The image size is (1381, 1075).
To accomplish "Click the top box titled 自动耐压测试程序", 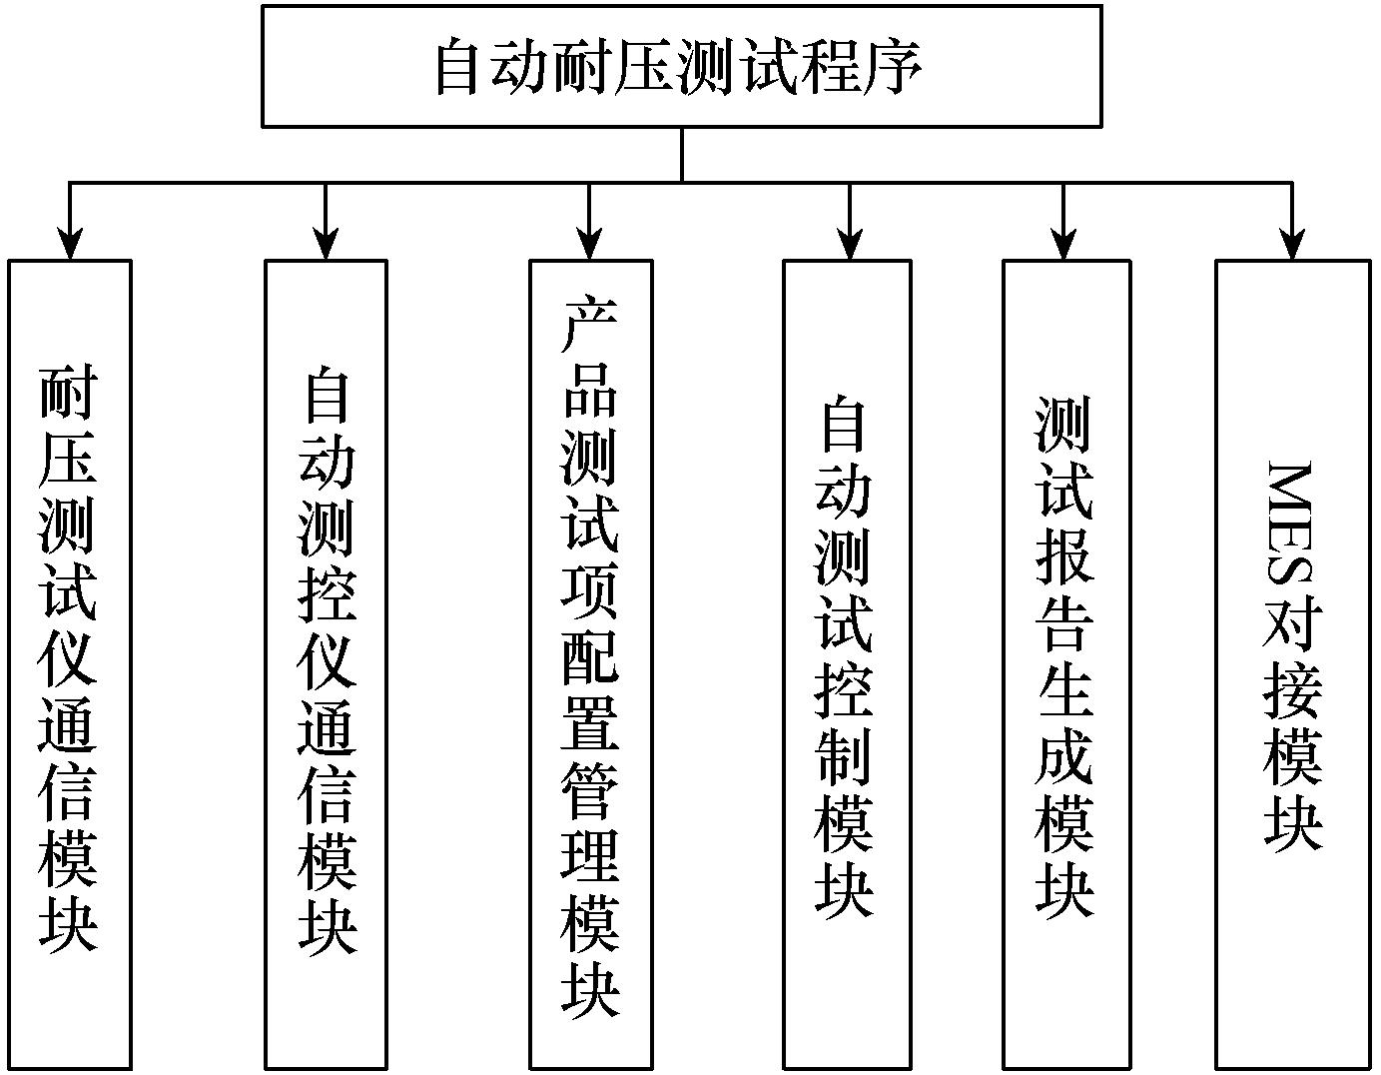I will click(x=681, y=66).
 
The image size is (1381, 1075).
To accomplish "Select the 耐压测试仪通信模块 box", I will click(x=69, y=664).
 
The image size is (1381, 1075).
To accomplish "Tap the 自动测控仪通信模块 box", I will click(x=326, y=664).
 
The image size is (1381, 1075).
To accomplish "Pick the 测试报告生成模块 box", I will click(x=1065, y=664).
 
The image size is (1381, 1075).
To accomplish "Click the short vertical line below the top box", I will click(x=682, y=155).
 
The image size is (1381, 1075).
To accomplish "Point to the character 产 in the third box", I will click(x=590, y=326).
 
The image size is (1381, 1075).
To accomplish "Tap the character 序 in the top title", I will click(x=892, y=68).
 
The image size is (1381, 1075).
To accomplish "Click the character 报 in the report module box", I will click(x=1064, y=555).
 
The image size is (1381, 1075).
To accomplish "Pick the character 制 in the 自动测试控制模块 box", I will click(x=846, y=754).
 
